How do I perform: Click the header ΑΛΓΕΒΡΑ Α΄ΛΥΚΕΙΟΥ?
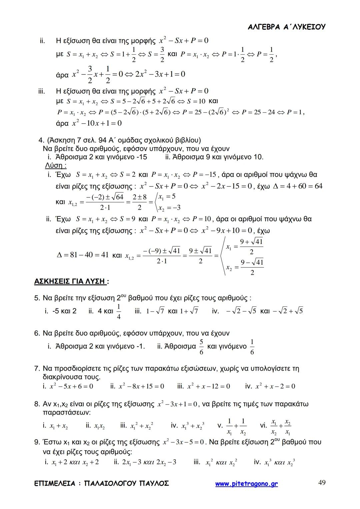click(x=287, y=27)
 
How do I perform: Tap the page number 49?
click(x=322, y=483)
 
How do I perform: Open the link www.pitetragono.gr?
click(x=246, y=484)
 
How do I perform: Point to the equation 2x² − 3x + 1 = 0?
click(x=160, y=74)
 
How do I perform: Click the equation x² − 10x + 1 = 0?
click(x=97, y=123)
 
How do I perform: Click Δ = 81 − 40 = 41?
click(x=83, y=255)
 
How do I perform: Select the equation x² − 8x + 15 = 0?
click(x=141, y=386)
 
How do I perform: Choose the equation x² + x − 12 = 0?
click(x=208, y=386)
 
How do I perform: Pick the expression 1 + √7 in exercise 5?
click(x=189, y=311)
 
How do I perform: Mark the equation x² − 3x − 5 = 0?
click(x=183, y=442)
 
